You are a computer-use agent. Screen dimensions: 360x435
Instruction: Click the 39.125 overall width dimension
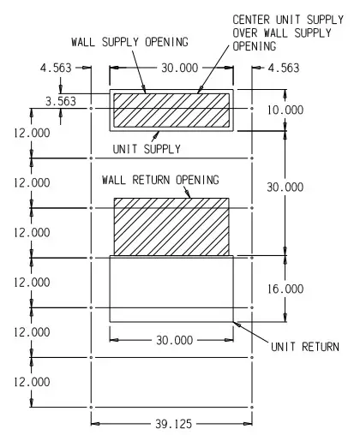point(174,424)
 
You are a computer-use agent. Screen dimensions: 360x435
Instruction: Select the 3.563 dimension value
point(61,101)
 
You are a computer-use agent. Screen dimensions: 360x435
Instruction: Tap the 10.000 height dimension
point(285,110)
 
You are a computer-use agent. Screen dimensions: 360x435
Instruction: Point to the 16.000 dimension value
point(285,289)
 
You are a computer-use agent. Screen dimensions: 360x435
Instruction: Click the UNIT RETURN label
point(305,347)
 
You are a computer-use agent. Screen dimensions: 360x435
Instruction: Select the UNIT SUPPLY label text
point(147,149)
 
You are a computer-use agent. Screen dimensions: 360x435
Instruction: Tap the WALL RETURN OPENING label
point(160,180)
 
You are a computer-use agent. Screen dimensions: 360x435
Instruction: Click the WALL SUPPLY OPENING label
point(130,42)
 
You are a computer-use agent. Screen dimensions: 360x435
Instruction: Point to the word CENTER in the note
point(251,20)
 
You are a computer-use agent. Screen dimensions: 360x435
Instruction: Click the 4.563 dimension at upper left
point(56,68)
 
